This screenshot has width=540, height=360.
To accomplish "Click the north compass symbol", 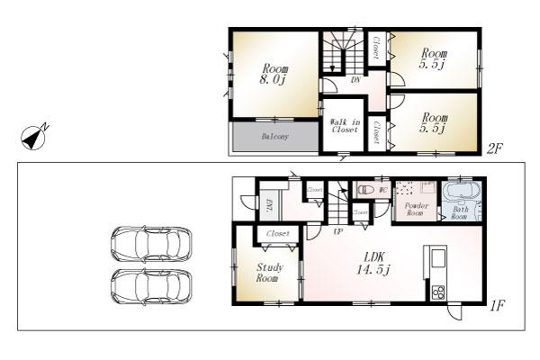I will [x=35, y=137].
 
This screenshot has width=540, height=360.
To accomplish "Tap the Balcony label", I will [x=274, y=137].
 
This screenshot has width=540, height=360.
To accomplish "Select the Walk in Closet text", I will [x=344, y=126].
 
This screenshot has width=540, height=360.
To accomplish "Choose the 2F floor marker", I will [x=493, y=149].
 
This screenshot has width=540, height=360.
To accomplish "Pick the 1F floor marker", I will [x=496, y=306].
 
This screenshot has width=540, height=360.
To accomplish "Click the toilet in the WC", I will [x=365, y=192].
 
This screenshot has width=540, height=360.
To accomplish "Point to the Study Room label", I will [x=269, y=273].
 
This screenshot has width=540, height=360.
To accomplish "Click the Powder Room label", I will [x=416, y=209].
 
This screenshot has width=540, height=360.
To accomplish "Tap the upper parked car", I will [x=151, y=243].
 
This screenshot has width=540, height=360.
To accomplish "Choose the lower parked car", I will [x=151, y=287].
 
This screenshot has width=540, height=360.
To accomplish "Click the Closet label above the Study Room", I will [x=278, y=233].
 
